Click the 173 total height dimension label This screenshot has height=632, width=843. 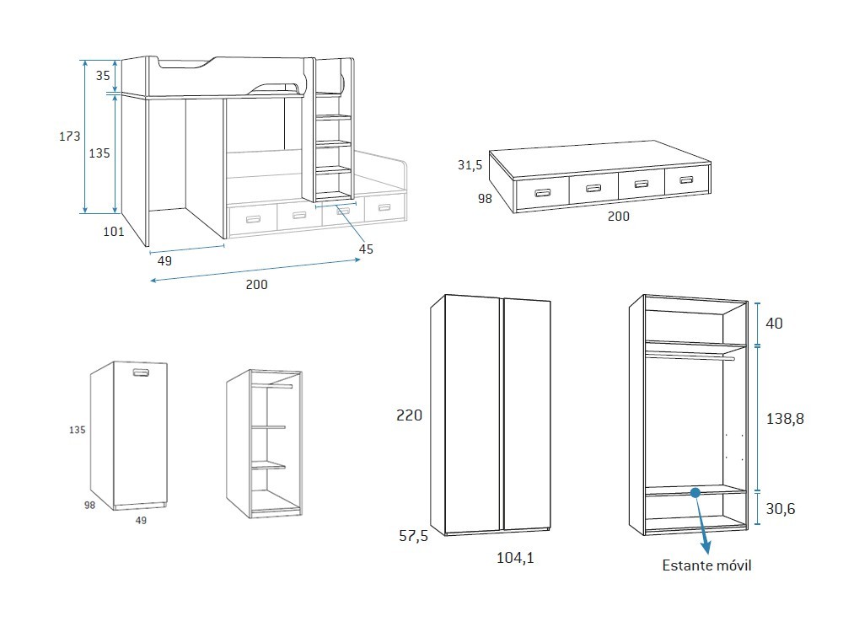click(x=69, y=136)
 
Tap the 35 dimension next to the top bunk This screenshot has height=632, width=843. click(x=103, y=75)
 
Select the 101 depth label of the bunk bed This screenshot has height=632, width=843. click(x=113, y=231)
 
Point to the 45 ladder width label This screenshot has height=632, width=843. click(x=366, y=249)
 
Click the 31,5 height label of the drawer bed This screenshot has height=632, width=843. click(x=470, y=165)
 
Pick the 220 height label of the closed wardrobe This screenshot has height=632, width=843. click(x=409, y=415)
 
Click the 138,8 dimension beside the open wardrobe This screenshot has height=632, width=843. click(x=784, y=418)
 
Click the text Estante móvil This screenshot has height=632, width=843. click(x=706, y=565)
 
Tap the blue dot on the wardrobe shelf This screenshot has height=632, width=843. click(x=695, y=492)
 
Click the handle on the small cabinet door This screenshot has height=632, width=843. click(x=140, y=372)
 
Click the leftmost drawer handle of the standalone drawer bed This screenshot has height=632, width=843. click(x=540, y=193)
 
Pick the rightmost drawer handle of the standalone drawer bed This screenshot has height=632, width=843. click(x=686, y=179)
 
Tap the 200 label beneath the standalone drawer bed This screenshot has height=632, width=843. click(x=618, y=216)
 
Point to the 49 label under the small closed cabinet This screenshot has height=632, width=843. click(x=142, y=520)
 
